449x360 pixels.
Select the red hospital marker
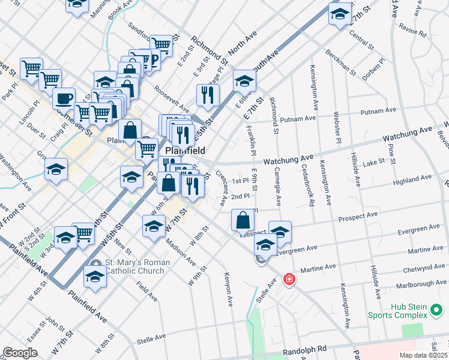click(x=289, y=280)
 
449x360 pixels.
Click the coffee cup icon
click(x=64, y=99)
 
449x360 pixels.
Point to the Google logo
click(x=20, y=353)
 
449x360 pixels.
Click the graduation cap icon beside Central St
click(x=340, y=14)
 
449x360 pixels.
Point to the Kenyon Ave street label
click(x=229, y=289)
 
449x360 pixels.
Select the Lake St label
click(x=373, y=163)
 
